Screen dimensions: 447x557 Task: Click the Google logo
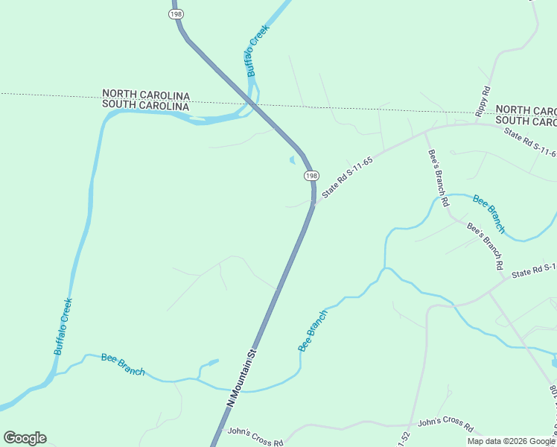click(25, 438)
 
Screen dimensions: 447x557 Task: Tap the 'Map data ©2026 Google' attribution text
click(510, 441)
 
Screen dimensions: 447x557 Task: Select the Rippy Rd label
click(483, 101)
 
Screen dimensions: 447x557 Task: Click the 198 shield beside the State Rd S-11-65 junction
click(311, 175)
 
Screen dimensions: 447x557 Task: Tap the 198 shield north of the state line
click(176, 13)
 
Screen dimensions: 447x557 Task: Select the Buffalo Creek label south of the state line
click(63, 326)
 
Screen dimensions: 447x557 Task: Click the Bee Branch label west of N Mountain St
click(123, 365)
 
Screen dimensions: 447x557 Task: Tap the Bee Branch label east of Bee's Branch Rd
click(489, 214)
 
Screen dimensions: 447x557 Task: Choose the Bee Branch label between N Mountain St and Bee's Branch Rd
click(313, 331)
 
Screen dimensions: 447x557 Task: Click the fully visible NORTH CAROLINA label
click(146, 95)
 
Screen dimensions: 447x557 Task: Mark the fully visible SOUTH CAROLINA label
click(146, 106)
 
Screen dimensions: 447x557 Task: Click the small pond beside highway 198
click(291, 159)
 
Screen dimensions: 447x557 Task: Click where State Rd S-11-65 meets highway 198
click(313, 203)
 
